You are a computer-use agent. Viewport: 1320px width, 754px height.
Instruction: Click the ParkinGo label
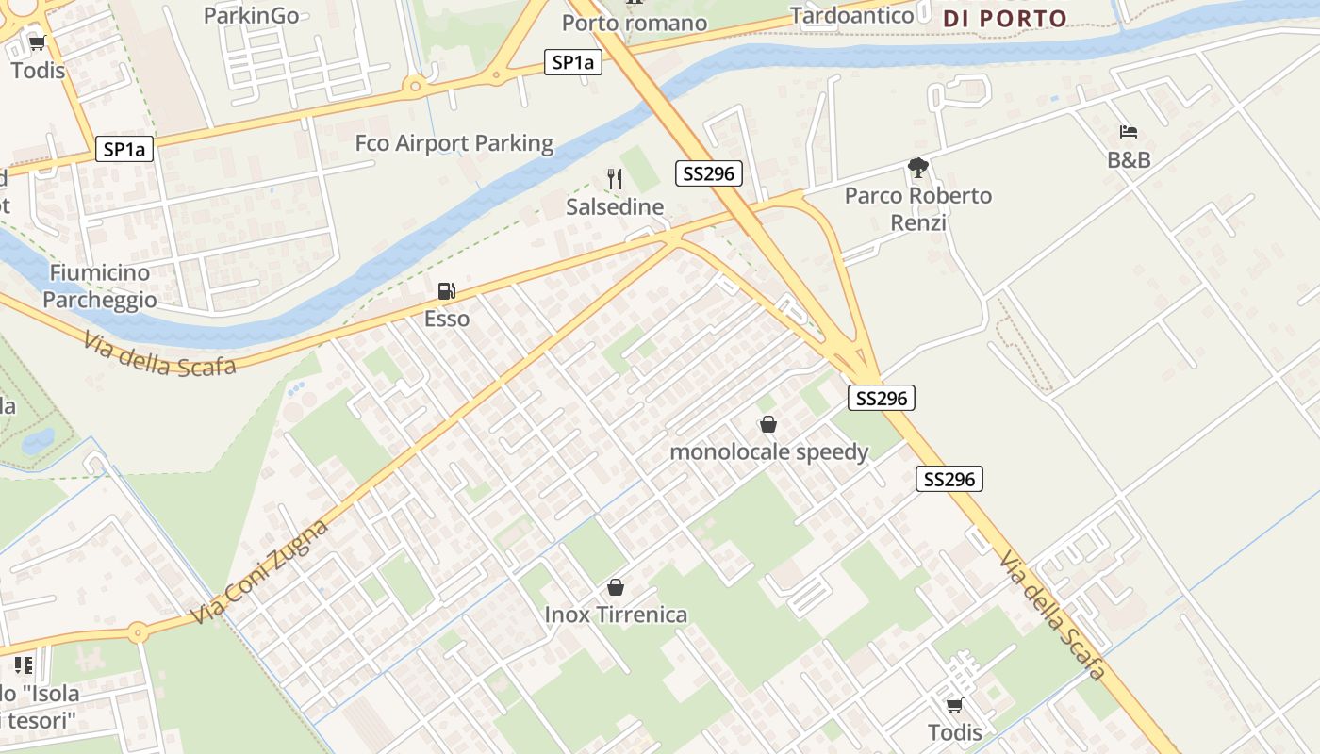252,15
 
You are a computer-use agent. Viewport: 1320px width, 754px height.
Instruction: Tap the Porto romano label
635,23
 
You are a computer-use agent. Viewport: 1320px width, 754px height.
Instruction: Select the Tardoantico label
852,15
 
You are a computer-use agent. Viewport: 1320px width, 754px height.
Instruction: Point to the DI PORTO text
1005,18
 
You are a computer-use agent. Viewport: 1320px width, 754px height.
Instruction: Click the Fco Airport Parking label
454,143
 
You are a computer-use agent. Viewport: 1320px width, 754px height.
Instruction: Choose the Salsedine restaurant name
615,206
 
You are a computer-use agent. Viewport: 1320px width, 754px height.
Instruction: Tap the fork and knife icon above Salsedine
615,179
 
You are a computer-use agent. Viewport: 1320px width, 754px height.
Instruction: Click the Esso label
447,319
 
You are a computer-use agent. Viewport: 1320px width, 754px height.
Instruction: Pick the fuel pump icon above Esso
447,291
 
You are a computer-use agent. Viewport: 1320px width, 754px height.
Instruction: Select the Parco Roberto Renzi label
918,208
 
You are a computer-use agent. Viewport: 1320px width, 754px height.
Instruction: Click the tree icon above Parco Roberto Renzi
918,169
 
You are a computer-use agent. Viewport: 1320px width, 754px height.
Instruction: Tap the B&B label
1129,160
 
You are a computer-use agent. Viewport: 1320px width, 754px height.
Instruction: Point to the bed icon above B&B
1129,132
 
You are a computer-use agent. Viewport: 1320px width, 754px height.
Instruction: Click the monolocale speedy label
768,451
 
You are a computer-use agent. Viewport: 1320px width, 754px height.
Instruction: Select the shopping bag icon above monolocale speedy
768,425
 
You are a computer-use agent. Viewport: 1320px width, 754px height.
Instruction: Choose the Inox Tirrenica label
616,615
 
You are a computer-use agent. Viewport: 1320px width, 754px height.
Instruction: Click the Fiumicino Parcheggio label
99,286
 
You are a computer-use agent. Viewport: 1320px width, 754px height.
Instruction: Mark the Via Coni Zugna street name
259,572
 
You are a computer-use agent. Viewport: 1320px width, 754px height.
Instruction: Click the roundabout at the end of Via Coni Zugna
139,632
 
